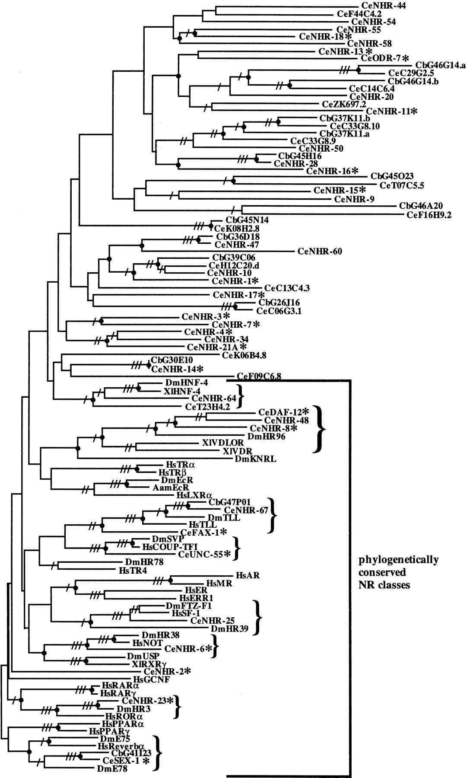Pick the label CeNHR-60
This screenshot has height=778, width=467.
(320, 251)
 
